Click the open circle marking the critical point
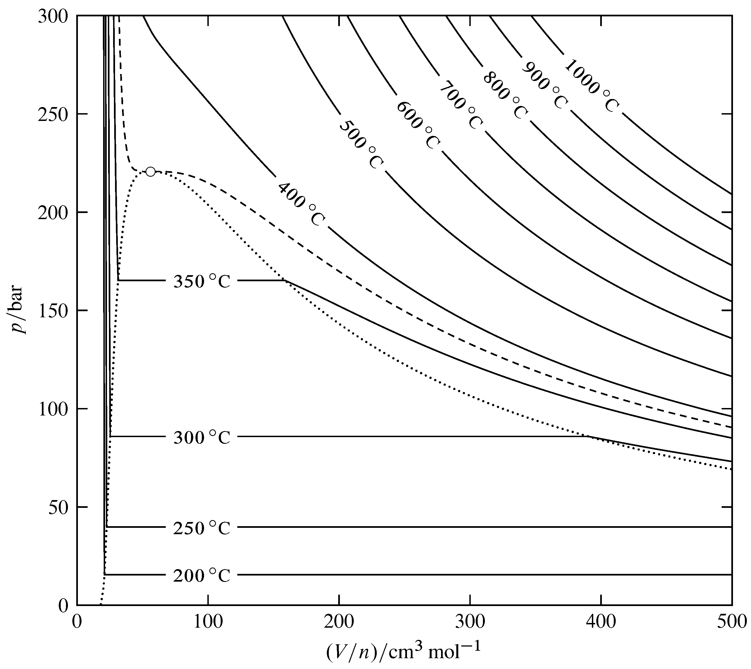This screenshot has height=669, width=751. (150, 172)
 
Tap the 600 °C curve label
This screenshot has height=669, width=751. (418, 125)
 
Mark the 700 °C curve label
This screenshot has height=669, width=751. (461, 105)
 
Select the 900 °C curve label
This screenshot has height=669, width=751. (544, 85)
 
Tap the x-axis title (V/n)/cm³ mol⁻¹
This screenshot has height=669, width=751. (403, 652)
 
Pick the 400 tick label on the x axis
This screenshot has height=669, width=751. (601, 622)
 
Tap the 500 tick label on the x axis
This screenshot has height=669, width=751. (731, 622)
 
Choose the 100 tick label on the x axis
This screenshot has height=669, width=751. (208, 622)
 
